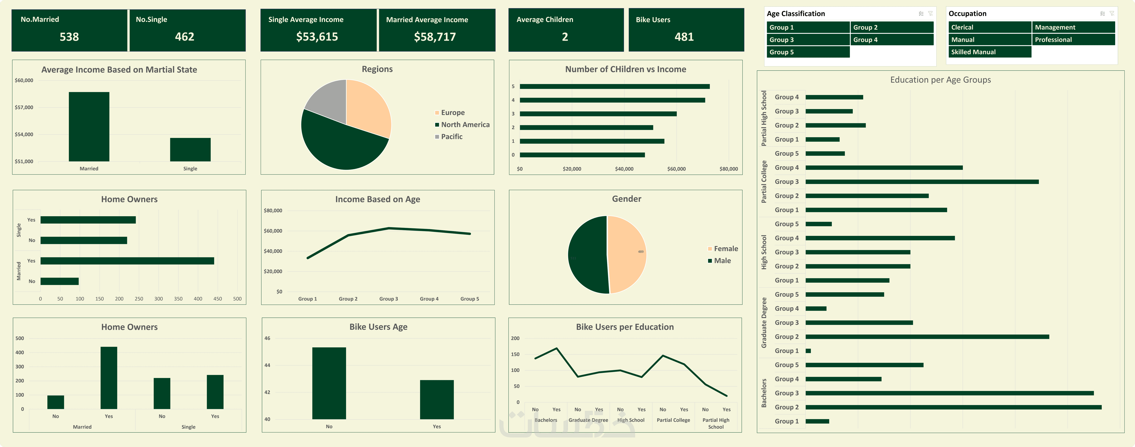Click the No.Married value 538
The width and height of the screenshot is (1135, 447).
[x=69, y=37]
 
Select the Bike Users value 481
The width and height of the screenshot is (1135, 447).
[x=684, y=37]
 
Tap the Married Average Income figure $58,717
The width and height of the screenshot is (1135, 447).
[x=434, y=37]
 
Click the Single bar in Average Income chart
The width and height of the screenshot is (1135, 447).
[x=190, y=150]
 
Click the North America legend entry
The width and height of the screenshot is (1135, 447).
[x=465, y=125]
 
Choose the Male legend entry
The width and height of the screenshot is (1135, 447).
[x=722, y=261]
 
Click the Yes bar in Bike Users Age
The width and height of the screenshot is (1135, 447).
[x=437, y=399]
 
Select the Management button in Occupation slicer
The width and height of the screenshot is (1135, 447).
[x=1073, y=27]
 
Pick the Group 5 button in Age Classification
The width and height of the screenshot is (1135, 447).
[x=808, y=52]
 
